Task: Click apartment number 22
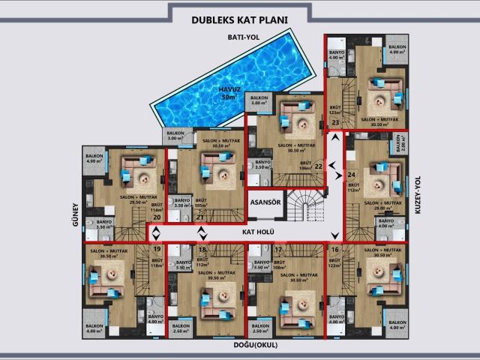[x=318, y=166]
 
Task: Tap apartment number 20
[x=157, y=217]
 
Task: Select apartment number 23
[x=335, y=122]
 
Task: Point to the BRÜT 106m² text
[x=305, y=166]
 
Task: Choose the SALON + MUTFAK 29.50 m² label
[x=125, y=199]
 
